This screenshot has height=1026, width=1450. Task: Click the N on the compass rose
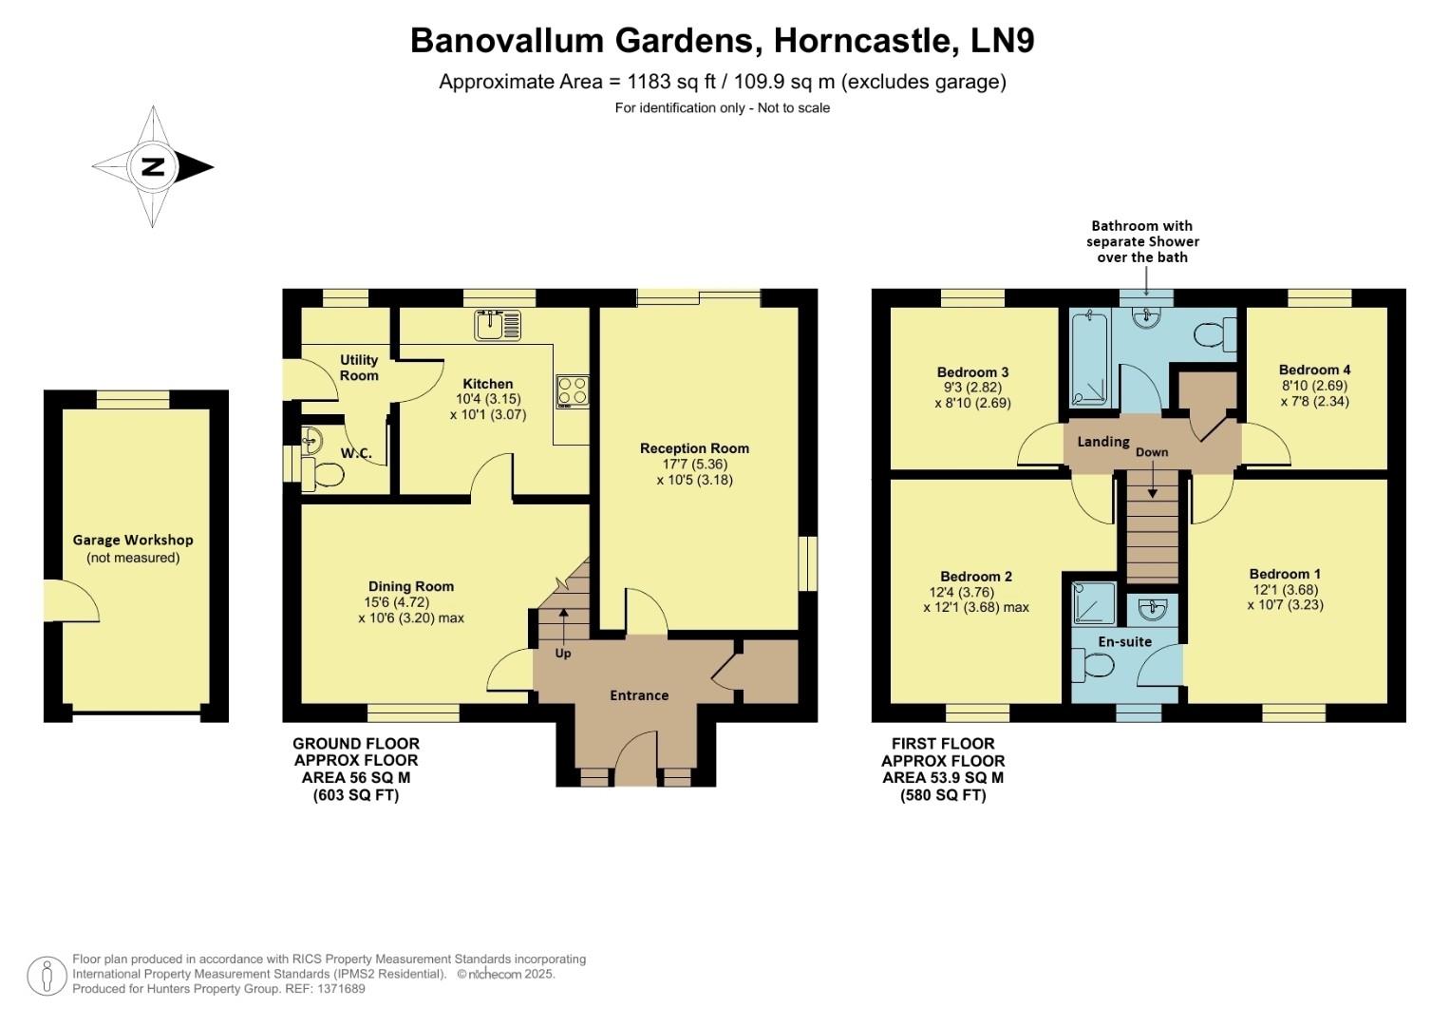[152, 167]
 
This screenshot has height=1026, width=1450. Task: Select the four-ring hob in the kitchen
[572, 390]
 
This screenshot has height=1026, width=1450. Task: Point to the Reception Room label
[694, 448]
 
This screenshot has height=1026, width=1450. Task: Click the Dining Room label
[410, 586]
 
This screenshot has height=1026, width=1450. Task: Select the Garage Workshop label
[133, 540]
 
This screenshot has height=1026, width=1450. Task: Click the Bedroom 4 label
[1314, 370]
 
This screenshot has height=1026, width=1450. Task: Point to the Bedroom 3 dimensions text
[972, 395]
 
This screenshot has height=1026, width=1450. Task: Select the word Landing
[1102, 442]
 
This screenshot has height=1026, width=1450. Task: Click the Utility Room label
[359, 367]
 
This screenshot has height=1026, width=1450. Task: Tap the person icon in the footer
[46, 976]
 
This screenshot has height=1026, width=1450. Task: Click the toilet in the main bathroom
[1214, 334]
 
